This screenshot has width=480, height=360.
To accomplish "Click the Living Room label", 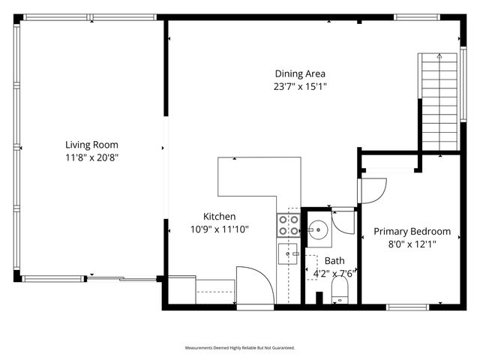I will pos(91,145).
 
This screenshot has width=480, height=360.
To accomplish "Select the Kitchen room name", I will pos(220,216).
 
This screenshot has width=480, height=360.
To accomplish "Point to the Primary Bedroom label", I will pos(412,232).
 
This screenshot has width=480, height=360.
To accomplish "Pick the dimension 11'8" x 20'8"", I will pos(91,157).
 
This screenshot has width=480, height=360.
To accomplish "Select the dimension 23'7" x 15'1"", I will pos(299,86).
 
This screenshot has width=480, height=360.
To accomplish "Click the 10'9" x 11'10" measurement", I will pos(220,229).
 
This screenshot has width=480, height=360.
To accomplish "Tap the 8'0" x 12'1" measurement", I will pos(412,244).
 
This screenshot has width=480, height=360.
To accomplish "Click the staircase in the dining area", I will pos(438,102).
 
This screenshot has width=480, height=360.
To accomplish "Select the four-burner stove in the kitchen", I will pos(289,225).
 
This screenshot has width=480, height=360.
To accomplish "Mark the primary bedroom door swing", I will pos(373,190).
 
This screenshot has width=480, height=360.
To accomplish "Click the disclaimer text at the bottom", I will pos(240,348).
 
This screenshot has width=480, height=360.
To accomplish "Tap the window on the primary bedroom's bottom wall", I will pos(408,306).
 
